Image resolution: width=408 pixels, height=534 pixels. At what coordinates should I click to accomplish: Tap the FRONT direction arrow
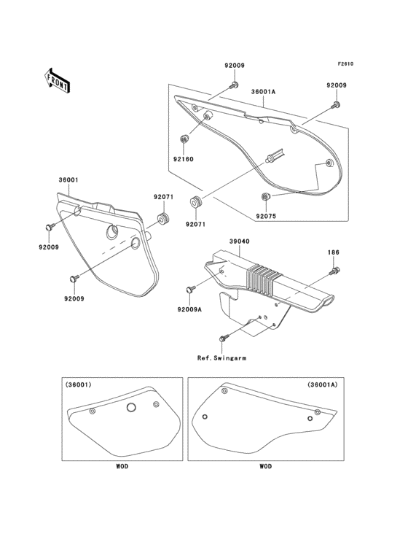(x=58, y=80)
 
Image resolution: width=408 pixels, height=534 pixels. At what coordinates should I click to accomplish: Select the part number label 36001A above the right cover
(x=263, y=93)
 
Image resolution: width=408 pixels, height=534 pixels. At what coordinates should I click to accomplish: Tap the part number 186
(x=334, y=253)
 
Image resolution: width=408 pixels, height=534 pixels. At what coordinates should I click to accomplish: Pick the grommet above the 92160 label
(x=183, y=139)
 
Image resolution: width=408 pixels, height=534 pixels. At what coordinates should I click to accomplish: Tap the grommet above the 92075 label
(x=265, y=197)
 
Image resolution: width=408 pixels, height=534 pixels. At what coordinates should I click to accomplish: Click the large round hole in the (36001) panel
(x=131, y=407)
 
